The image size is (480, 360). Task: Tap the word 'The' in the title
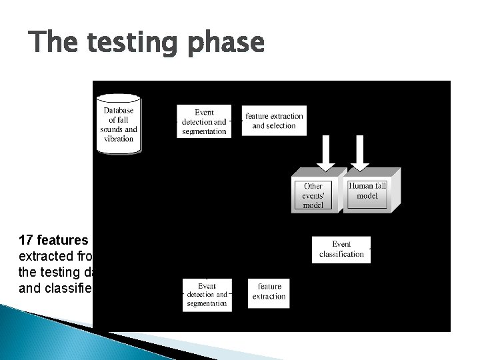click(55, 44)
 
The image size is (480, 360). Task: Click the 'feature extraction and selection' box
click(274, 121)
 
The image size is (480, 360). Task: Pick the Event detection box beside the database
click(204, 122)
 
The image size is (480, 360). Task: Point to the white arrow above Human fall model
click(360, 153)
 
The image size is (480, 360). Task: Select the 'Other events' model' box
click(313, 195)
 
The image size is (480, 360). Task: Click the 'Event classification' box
click(341, 249)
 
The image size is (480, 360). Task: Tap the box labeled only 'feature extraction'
click(269, 291)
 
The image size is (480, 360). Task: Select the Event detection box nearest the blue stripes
click(207, 294)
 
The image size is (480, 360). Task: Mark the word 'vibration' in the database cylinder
click(119, 139)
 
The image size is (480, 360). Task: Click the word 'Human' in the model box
click(360, 186)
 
